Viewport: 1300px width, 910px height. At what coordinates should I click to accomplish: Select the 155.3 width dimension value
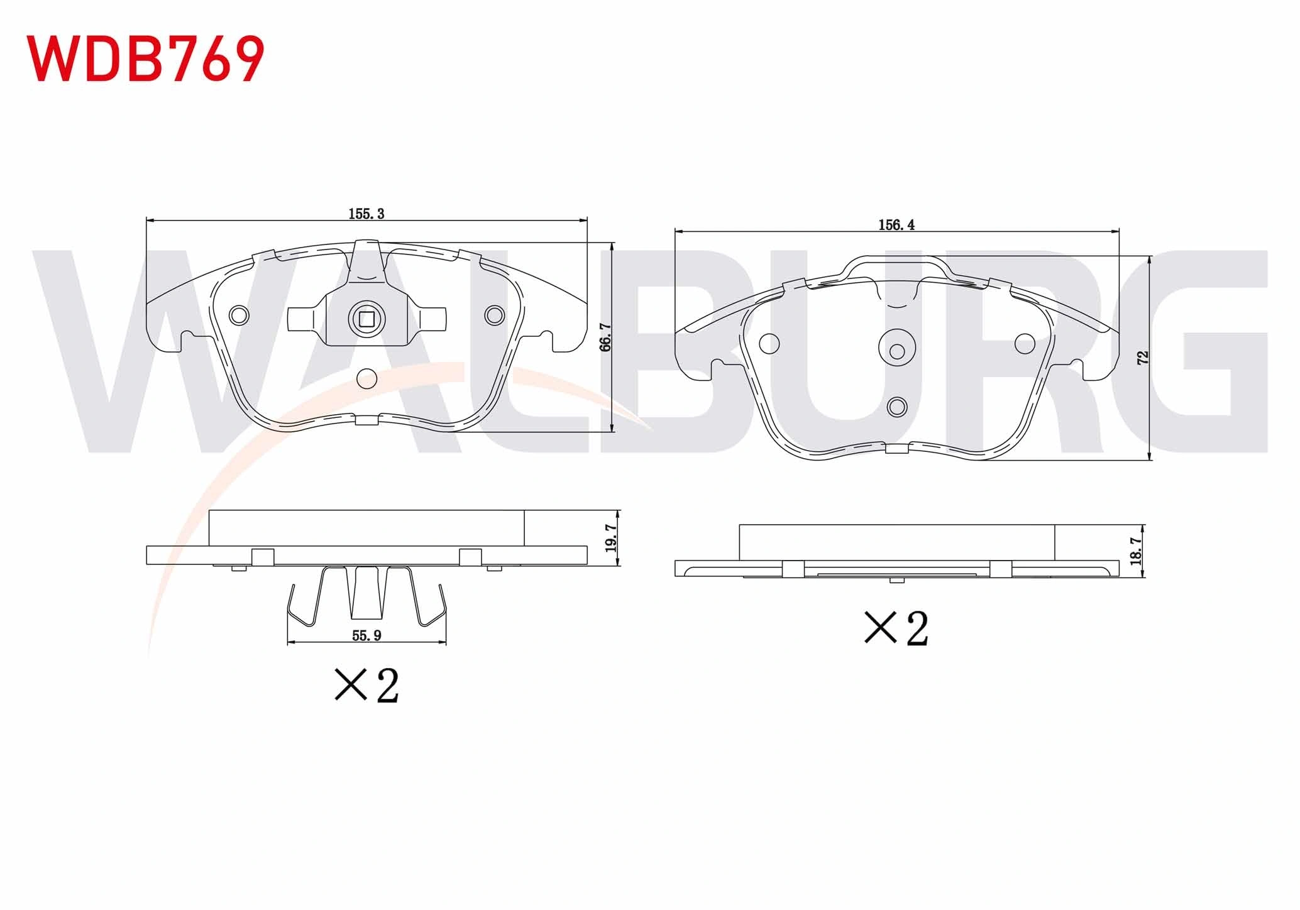366,214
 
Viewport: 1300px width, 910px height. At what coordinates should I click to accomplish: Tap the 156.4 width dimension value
896,225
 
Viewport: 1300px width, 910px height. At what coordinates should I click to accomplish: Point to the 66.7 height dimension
605,337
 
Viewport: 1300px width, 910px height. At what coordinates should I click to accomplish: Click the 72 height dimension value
1143,358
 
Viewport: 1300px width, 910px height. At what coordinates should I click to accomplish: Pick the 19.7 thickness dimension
612,537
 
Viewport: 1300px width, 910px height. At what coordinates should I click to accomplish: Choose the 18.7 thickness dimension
1135,551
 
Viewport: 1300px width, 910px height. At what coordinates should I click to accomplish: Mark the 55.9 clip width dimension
366,635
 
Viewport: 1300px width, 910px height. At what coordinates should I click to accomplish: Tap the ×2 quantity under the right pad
896,628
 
